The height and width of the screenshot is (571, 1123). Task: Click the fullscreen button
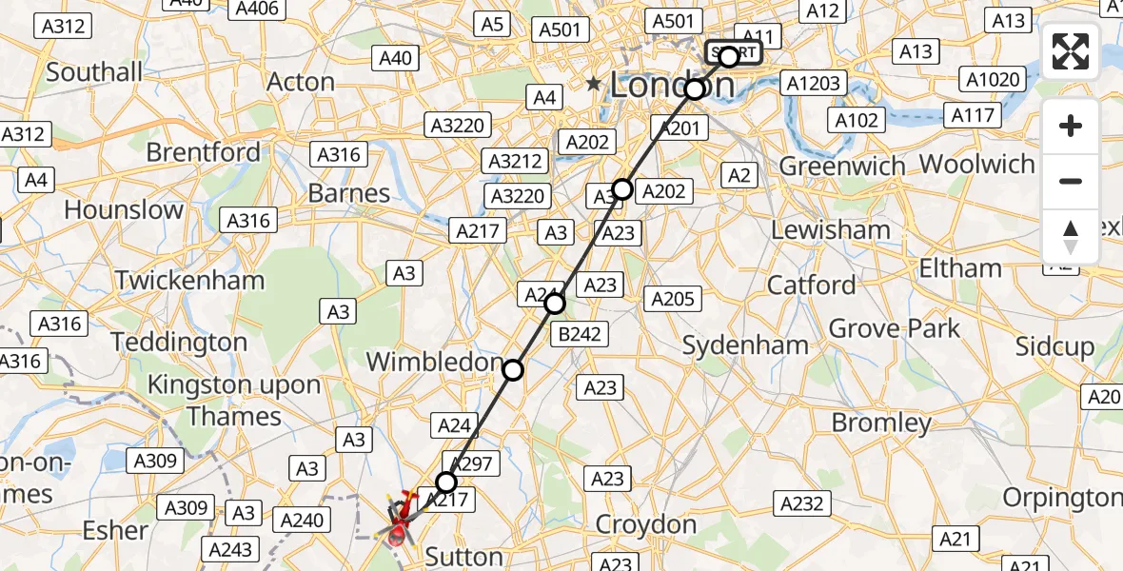[x=1071, y=51]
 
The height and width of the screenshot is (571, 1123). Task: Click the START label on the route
[x=734, y=53]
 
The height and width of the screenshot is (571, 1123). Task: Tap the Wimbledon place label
[x=433, y=363]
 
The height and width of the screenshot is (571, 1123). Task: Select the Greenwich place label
[x=842, y=167]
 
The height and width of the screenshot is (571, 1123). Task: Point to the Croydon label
[x=647, y=524]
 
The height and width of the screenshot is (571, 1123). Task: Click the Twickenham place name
[x=189, y=281]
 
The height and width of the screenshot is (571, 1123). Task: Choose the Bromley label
[x=881, y=423]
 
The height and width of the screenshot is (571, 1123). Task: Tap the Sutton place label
[x=463, y=557]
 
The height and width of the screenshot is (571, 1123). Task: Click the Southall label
[x=94, y=72]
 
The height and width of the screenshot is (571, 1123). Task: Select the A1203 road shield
[x=813, y=84]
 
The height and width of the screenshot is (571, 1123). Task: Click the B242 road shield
[x=581, y=335]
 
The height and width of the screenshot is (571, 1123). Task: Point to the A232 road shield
[x=802, y=503]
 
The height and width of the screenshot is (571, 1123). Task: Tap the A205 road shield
[x=672, y=300]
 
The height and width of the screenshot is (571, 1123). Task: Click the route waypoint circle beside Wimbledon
[x=513, y=370]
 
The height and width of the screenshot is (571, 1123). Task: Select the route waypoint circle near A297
[x=446, y=482]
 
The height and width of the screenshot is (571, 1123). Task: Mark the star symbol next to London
[x=594, y=85]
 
